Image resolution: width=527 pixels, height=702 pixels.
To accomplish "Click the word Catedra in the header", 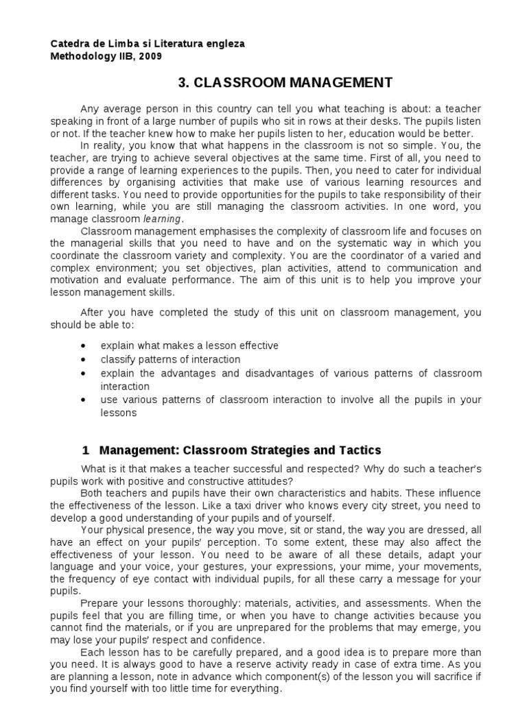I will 71,44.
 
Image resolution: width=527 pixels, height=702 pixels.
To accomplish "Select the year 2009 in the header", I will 151,56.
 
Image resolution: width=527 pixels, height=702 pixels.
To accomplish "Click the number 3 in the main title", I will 182,83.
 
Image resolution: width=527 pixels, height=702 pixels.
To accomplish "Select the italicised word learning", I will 162,219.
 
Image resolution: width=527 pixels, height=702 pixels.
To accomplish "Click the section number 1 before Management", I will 86,450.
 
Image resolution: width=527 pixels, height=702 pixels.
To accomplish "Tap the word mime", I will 398,567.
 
